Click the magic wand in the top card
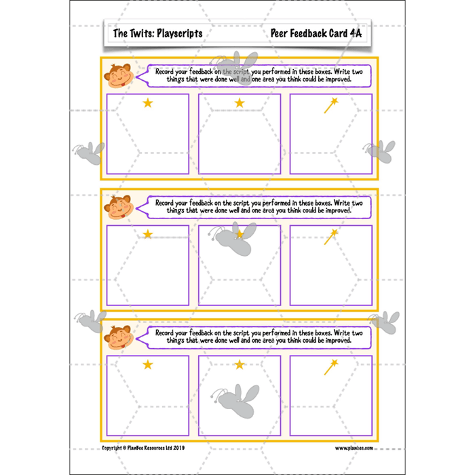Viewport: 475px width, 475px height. (331, 105)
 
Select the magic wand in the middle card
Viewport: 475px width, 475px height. (331, 236)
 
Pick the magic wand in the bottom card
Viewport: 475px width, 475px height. (331, 367)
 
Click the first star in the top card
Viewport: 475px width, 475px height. (147, 103)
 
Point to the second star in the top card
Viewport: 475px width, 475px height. (239, 103)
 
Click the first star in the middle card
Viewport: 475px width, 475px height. (147, 234)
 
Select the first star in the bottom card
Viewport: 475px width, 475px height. (147, 365)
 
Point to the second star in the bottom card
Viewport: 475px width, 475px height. (239, 365)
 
